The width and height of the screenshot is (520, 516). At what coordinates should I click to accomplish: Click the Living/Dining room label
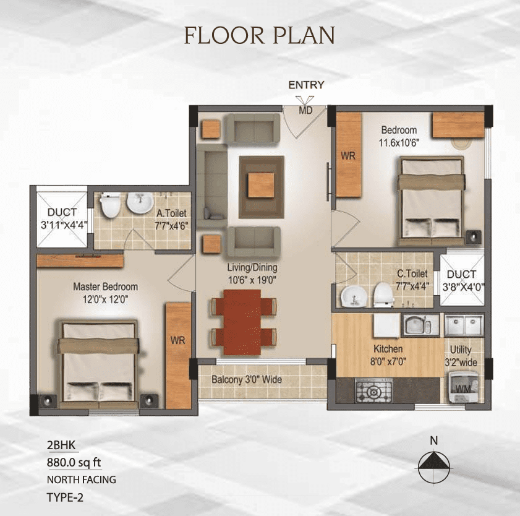click(252, 273)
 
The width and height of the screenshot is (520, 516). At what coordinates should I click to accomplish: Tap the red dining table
click(242, 322)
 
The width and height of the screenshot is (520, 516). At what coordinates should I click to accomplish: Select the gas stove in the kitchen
click(373, 390)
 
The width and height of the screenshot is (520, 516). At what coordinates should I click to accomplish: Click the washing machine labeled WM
click(463, 387)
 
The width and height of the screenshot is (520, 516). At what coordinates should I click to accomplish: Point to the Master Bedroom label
click(106, 293)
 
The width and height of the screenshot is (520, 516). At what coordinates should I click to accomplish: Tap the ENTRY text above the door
click(306, 85)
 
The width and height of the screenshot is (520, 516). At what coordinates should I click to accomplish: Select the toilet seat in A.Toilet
click(110, 205)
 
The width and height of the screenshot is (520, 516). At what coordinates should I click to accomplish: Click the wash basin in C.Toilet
click(354, 296)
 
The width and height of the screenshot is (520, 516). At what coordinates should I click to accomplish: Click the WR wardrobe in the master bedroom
click(178, 355)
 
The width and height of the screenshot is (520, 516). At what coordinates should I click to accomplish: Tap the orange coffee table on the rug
click(262, 185)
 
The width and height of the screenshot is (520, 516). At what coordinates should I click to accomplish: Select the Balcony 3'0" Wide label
click(247, 380)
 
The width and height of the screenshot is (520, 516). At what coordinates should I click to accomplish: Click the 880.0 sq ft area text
click(74, 462)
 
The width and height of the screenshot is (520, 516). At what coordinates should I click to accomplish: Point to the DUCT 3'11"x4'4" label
click(62, 218)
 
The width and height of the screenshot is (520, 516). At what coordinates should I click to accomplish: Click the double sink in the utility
click(464, 325)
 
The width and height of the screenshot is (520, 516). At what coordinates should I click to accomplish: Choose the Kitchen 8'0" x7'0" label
click(388, 355)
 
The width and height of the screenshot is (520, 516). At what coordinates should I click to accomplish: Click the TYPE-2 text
click(65, 497)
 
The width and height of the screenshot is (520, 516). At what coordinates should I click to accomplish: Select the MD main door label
click(305, 111)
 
